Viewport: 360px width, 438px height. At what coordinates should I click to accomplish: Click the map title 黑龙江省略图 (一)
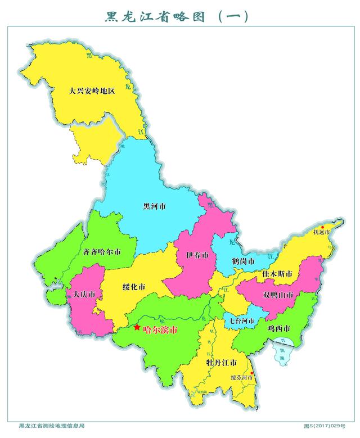(177, 17)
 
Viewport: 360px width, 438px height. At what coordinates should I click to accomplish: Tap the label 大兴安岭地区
(92, 90)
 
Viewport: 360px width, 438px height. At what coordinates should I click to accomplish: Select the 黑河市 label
(154, 206)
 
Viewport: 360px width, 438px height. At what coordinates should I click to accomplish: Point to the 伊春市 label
(197, 255)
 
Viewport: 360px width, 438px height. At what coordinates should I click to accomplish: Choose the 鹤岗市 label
(242, 262)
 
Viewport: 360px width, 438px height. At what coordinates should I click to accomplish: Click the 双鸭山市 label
(278, 295)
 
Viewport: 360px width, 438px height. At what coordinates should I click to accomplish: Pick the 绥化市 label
(134, 287)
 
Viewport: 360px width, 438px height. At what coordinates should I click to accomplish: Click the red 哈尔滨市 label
(160, 330)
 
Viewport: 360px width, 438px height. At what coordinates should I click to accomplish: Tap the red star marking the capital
(137, 327)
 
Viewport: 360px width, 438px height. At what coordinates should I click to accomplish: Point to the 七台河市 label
(241, 321)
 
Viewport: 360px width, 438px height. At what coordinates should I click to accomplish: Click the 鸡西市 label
(278, 328)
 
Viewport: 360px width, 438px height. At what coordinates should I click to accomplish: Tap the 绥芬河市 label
(242, 378)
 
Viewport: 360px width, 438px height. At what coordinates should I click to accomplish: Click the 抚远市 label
(322, 232)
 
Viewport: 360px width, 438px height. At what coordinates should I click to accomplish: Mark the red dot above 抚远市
(322, 227)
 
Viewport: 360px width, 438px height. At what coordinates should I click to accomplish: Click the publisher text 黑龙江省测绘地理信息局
(51, 426)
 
